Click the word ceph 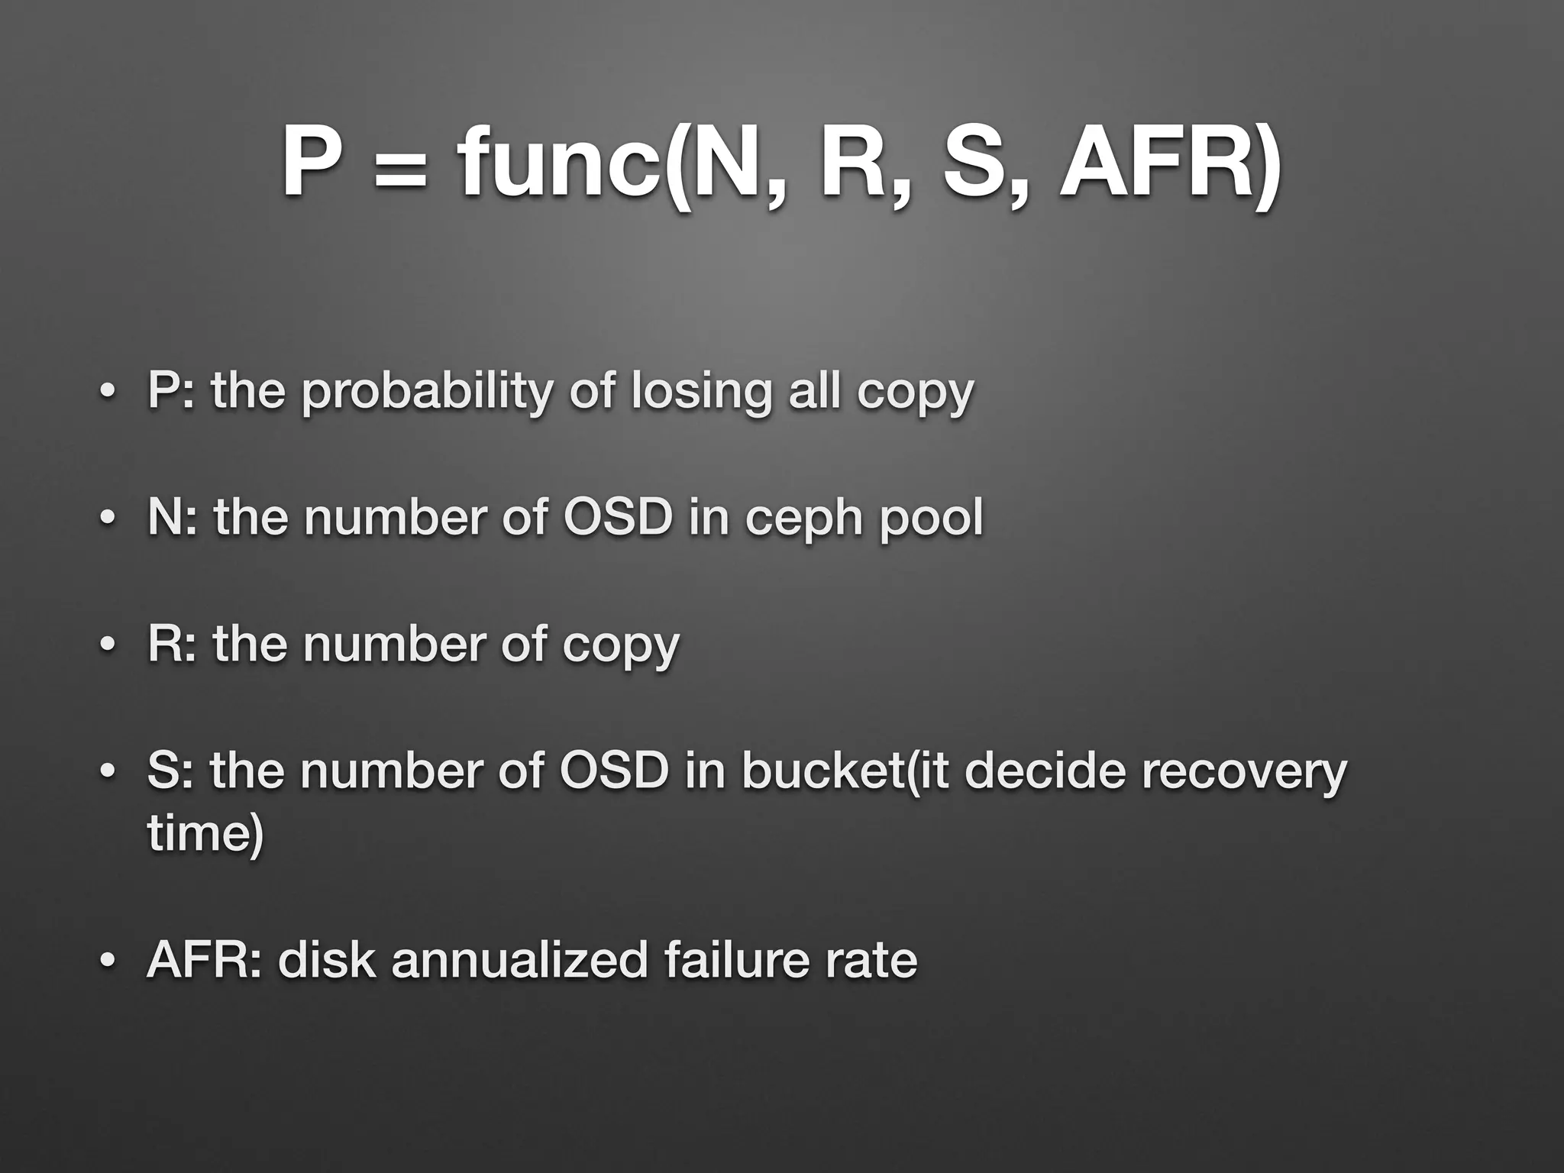point(803,519)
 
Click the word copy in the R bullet point(621,646)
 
